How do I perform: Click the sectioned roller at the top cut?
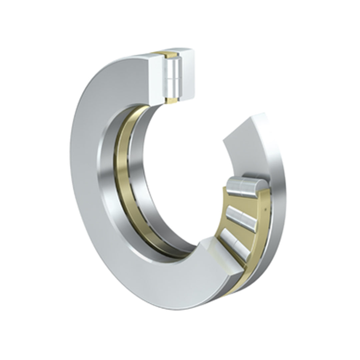172,76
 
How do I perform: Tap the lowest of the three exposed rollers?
235,245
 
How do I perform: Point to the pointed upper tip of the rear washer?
263,115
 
